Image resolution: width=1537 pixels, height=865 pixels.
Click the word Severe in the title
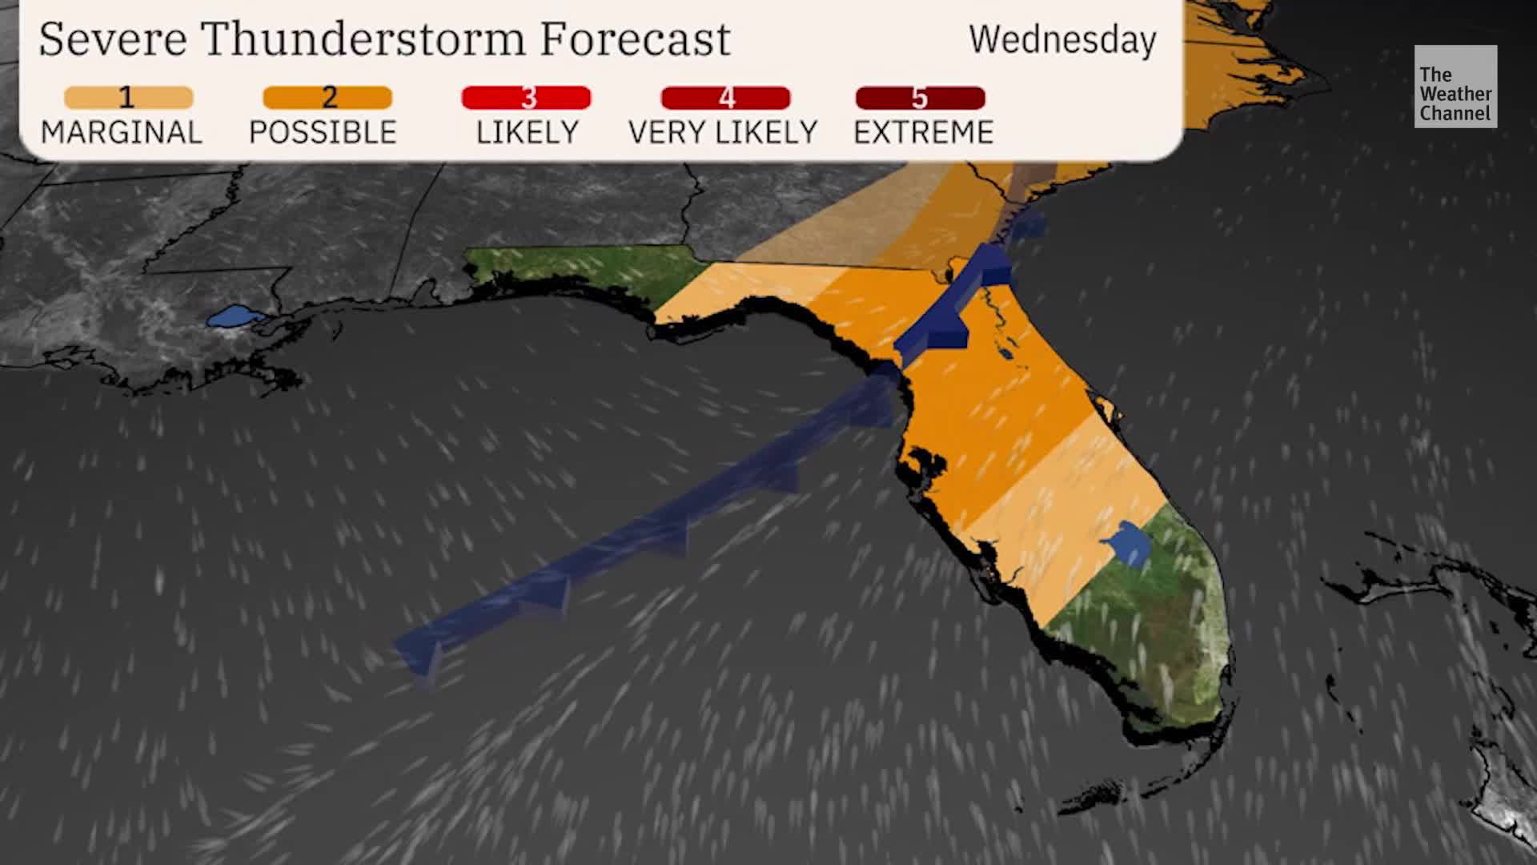coord(112,38)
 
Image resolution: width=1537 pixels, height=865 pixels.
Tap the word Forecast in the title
coord(635,38)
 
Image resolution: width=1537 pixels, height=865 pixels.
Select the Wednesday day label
coord(1062,40)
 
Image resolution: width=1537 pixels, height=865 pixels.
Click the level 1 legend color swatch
coord(128,98)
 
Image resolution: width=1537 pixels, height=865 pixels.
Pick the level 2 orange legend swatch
coord(327,98)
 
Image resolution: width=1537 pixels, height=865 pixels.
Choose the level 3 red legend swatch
coord(526,98)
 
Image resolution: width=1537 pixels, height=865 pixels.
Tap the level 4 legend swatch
coord(725,98)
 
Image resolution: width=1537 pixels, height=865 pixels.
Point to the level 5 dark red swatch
coord(920,98)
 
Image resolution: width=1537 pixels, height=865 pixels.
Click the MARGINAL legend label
coord(122,132)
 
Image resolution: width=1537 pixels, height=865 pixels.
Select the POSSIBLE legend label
coord(323,132)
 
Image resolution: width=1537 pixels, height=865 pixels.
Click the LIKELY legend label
coord(527,132)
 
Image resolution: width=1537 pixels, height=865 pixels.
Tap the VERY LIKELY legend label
coord(723,132)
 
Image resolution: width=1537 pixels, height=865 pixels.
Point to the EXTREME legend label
coord(923,132)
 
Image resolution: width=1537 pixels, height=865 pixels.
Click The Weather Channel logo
coord(1455,86)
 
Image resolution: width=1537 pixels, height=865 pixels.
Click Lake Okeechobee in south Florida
coord(1129,545)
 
